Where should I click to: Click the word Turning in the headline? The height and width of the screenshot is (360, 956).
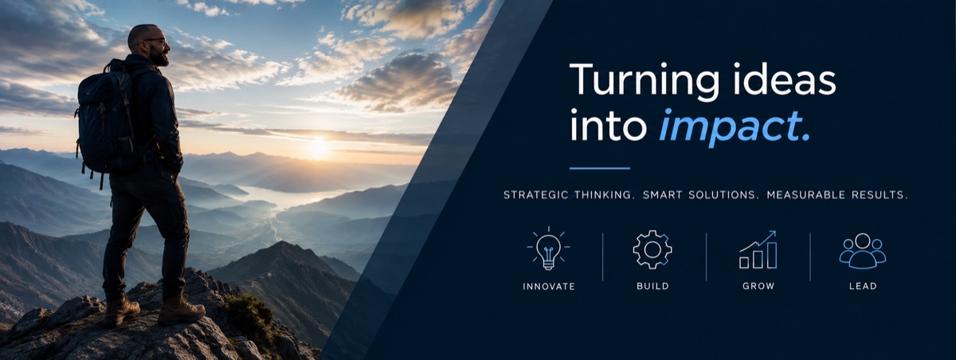point(645,81)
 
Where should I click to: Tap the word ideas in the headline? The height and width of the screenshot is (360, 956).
point(785,80)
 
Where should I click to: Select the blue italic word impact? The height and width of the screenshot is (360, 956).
point(734,127)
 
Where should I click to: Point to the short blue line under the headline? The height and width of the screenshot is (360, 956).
point(600,168)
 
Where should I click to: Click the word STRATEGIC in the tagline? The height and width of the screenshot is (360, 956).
point(536,195)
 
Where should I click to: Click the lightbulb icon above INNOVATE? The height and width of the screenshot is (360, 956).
point(548,248)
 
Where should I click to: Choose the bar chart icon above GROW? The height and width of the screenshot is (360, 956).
point(758,250)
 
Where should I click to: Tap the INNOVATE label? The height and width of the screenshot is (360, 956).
point(549,286)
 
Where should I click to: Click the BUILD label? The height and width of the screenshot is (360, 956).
point(652,286)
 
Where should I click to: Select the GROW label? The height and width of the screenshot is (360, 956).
point(758,286)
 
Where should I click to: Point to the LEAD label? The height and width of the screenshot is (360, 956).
point(863,286)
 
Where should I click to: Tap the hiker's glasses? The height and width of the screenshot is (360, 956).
point(157,41)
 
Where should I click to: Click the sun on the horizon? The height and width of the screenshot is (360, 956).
point(318,147)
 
